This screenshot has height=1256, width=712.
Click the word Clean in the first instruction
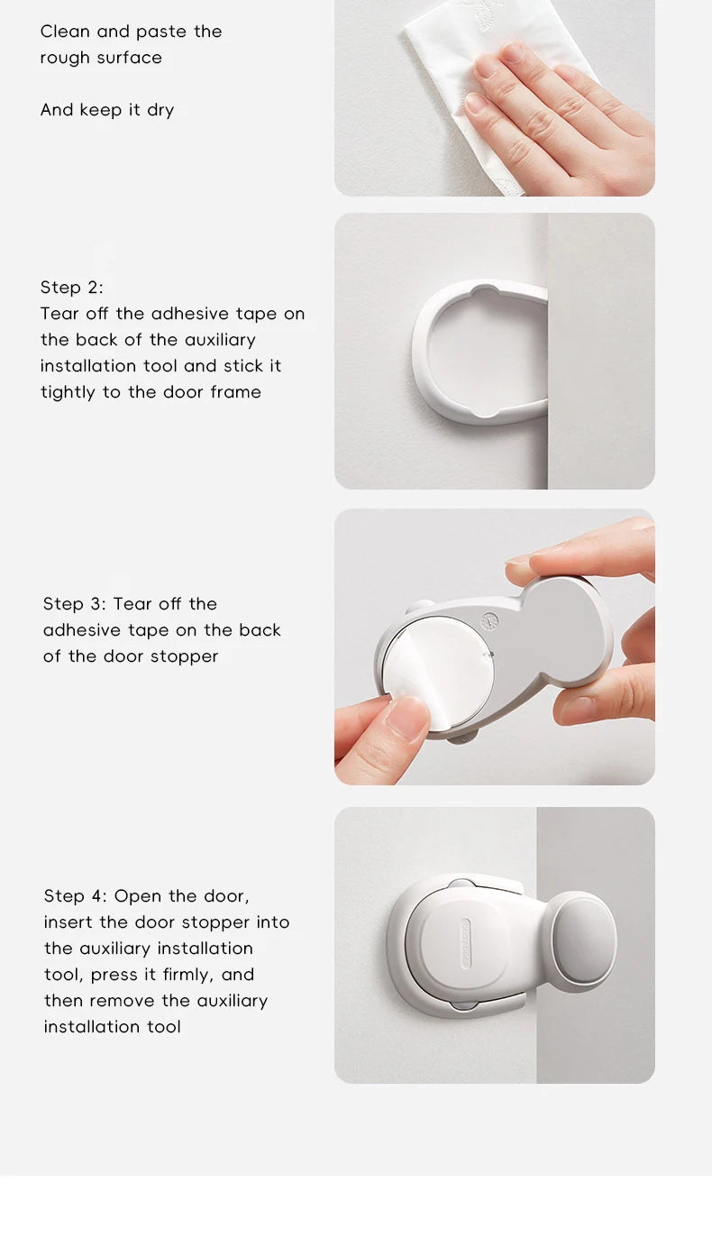click(65, 32)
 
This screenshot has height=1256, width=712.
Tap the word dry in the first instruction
click(160, 111)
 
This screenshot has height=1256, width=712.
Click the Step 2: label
click(72, 288)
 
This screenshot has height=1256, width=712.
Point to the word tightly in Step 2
click(68, 392)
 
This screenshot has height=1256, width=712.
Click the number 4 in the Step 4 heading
click(96, 896)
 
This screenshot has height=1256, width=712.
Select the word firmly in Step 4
click(188, 975)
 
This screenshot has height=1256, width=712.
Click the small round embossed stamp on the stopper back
click(490, 620)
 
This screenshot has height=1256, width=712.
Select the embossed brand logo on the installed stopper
click(465, 943)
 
